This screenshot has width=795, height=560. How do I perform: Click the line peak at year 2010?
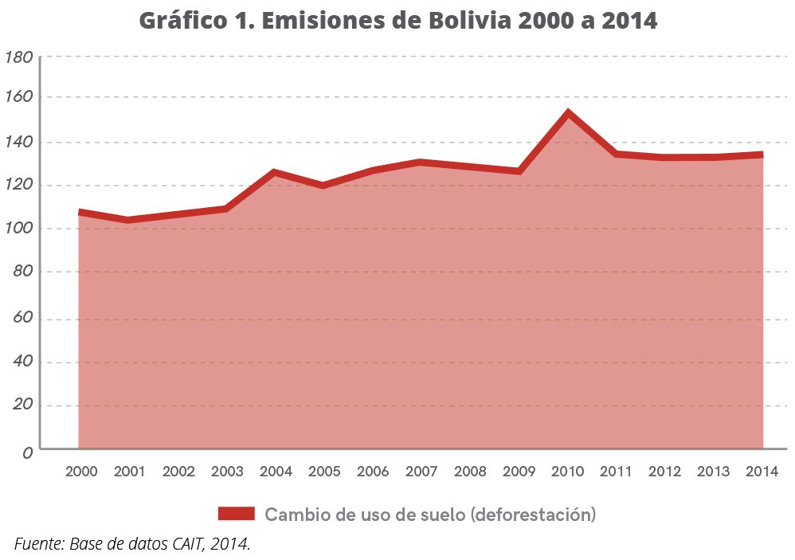click(x=568, y=113)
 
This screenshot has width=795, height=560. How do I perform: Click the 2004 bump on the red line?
click(x=275, y=172)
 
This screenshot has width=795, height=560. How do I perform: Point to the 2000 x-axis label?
click(x=80, y=472)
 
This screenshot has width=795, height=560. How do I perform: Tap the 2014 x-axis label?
click(x=762, y=472)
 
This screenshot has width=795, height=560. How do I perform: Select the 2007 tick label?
click(x=421, y=472)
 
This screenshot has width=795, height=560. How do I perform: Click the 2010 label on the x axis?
click(x=567, y=472)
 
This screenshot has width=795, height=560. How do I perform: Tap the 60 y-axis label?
click(x=22, y=319)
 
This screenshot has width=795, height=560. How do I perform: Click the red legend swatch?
click(x=236, y=514)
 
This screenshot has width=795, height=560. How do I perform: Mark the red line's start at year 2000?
click(x=80, y=213)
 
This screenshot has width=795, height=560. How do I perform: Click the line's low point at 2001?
click(x=128, y=220)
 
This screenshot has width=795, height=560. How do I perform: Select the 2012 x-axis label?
click(x=664, y=472)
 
